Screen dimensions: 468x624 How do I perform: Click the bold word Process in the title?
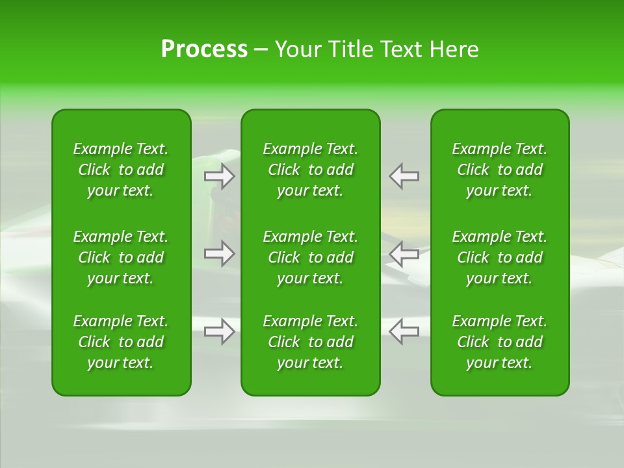point(204,49)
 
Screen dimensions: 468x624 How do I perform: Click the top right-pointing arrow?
point(220,176)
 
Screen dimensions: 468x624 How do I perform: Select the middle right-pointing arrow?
point(220,253)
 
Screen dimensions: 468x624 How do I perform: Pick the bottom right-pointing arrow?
point(220,331)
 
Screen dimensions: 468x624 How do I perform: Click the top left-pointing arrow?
point(404,176)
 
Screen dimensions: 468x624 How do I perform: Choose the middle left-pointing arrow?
point(404,253)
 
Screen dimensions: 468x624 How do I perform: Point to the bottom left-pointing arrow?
point(404,331)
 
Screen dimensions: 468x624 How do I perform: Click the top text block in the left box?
point(121,170)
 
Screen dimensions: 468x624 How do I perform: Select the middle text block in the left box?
point(121,257)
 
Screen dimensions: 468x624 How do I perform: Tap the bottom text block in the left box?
point(121,342)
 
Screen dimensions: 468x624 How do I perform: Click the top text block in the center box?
point(310,170)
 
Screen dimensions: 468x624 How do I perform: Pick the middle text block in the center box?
point(310,257)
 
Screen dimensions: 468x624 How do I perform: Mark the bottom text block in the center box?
point(310,342)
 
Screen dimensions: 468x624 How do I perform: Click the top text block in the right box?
point(500,170)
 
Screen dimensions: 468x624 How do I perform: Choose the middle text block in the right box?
point(500,257)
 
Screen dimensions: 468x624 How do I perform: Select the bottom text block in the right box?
point(500,342)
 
